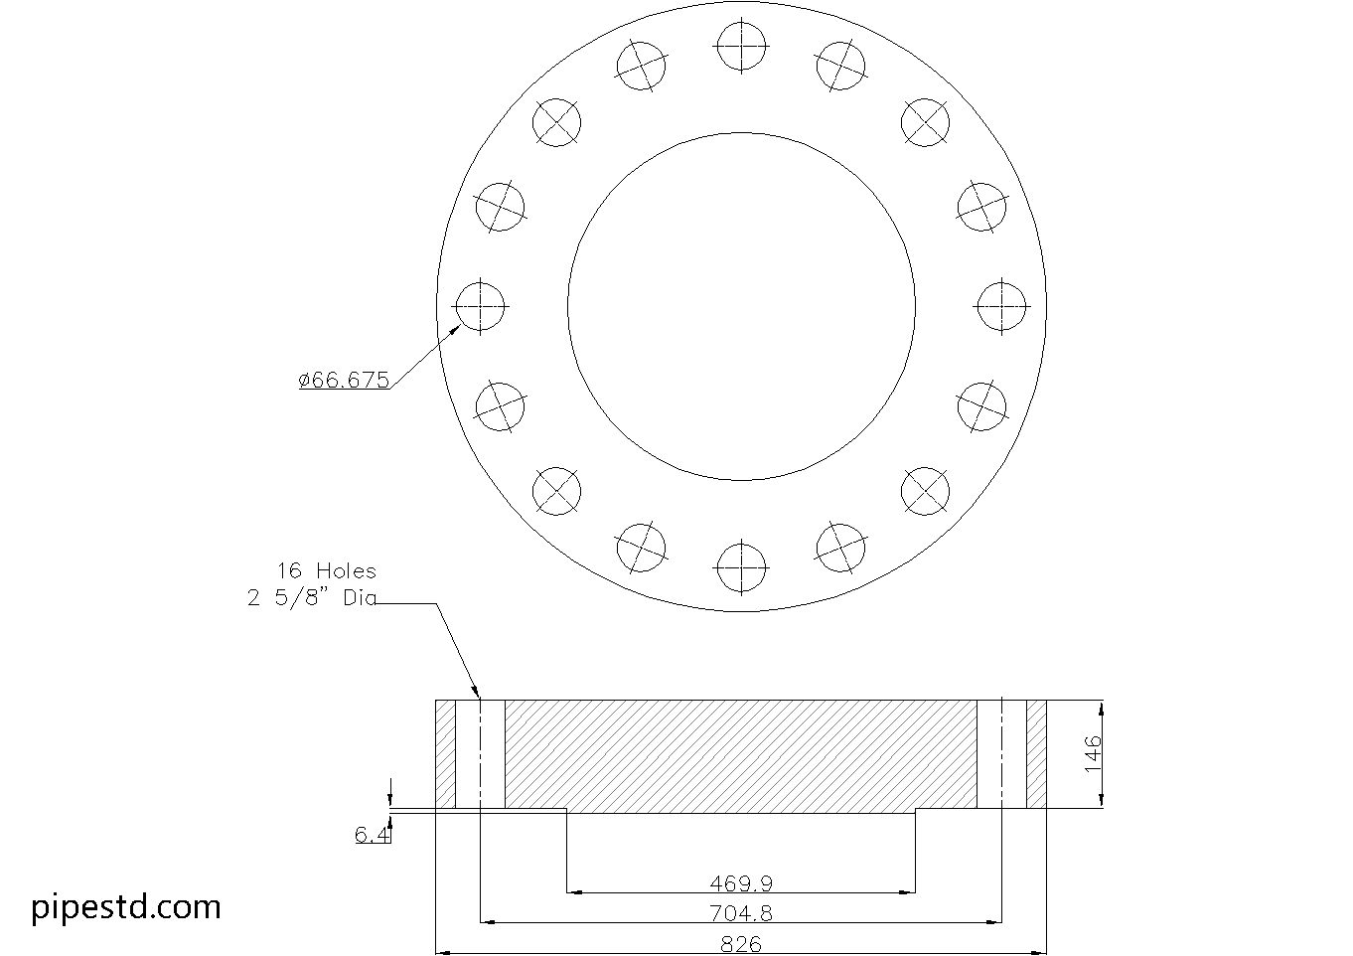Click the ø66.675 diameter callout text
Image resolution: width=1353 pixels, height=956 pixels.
344,380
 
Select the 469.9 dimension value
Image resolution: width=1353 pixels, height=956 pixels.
741,883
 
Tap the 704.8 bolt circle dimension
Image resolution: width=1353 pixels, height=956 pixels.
741,913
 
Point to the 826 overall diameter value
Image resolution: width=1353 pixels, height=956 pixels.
741,944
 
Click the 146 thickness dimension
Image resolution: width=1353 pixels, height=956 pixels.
1093,753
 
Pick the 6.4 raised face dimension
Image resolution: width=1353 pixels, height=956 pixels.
373,835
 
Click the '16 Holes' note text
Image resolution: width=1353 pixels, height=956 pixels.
326,570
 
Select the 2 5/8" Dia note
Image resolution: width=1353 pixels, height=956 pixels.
312,598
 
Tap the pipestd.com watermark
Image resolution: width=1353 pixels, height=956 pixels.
126,907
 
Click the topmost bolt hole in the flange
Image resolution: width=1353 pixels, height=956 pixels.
741,46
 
